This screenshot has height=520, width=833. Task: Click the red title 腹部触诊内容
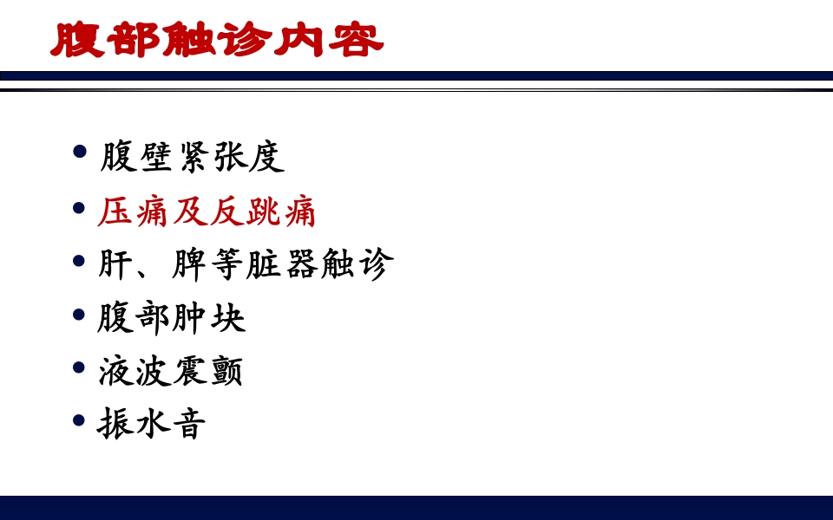pyautogui.click(x=217, y=40)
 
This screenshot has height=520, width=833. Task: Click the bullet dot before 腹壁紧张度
pyautogui.click(x=81, y=153)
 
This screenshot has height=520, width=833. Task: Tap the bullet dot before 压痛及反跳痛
pyautogui.click(x=81, y=207)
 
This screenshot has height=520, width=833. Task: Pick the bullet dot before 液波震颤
pyautogui.click(x=81, y=367)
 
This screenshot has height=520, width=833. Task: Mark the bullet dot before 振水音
pyautogui.click(x=81, y=421)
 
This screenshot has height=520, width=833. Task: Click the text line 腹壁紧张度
pyautogui.click(x=192, y=157)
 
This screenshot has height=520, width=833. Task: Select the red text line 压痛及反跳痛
pyautogui.click(x=207, y=211)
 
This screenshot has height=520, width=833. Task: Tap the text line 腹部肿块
pyautogui.click(x=172, y=318)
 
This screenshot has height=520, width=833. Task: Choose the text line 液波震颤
pyautogui.click(x=171, y=371)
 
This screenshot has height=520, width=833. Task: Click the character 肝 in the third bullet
pyautogui.click(x=116, y=264)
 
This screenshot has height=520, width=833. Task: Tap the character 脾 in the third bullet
pyautogui.click(x=190, y=264)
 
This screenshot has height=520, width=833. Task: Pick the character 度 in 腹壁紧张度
pyautogui.click(x=266, y=157)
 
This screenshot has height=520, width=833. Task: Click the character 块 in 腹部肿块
pyautogui.click(x=227, y=318)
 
